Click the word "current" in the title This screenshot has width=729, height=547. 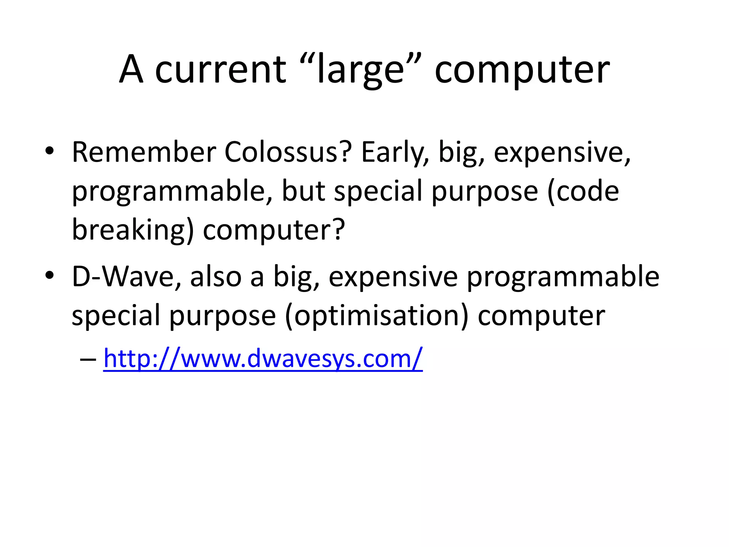tap(221, 69)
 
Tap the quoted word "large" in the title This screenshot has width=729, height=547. tap(360, 69)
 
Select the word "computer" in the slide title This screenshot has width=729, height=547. tap(522, 69)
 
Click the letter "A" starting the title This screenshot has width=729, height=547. tap(131, 69)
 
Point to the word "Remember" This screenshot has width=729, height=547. tap(144, 152)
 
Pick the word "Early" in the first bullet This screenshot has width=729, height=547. tap(395, 152)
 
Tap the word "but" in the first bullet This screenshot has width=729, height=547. tap(303, 191)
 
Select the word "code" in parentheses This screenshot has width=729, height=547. tap(587, 191)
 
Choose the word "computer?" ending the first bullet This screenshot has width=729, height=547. tap(274, 230)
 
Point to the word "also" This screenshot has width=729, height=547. tap(216, 277)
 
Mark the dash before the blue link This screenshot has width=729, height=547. tap(88, 359)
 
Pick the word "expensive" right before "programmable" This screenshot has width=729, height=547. tap(393, 277)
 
